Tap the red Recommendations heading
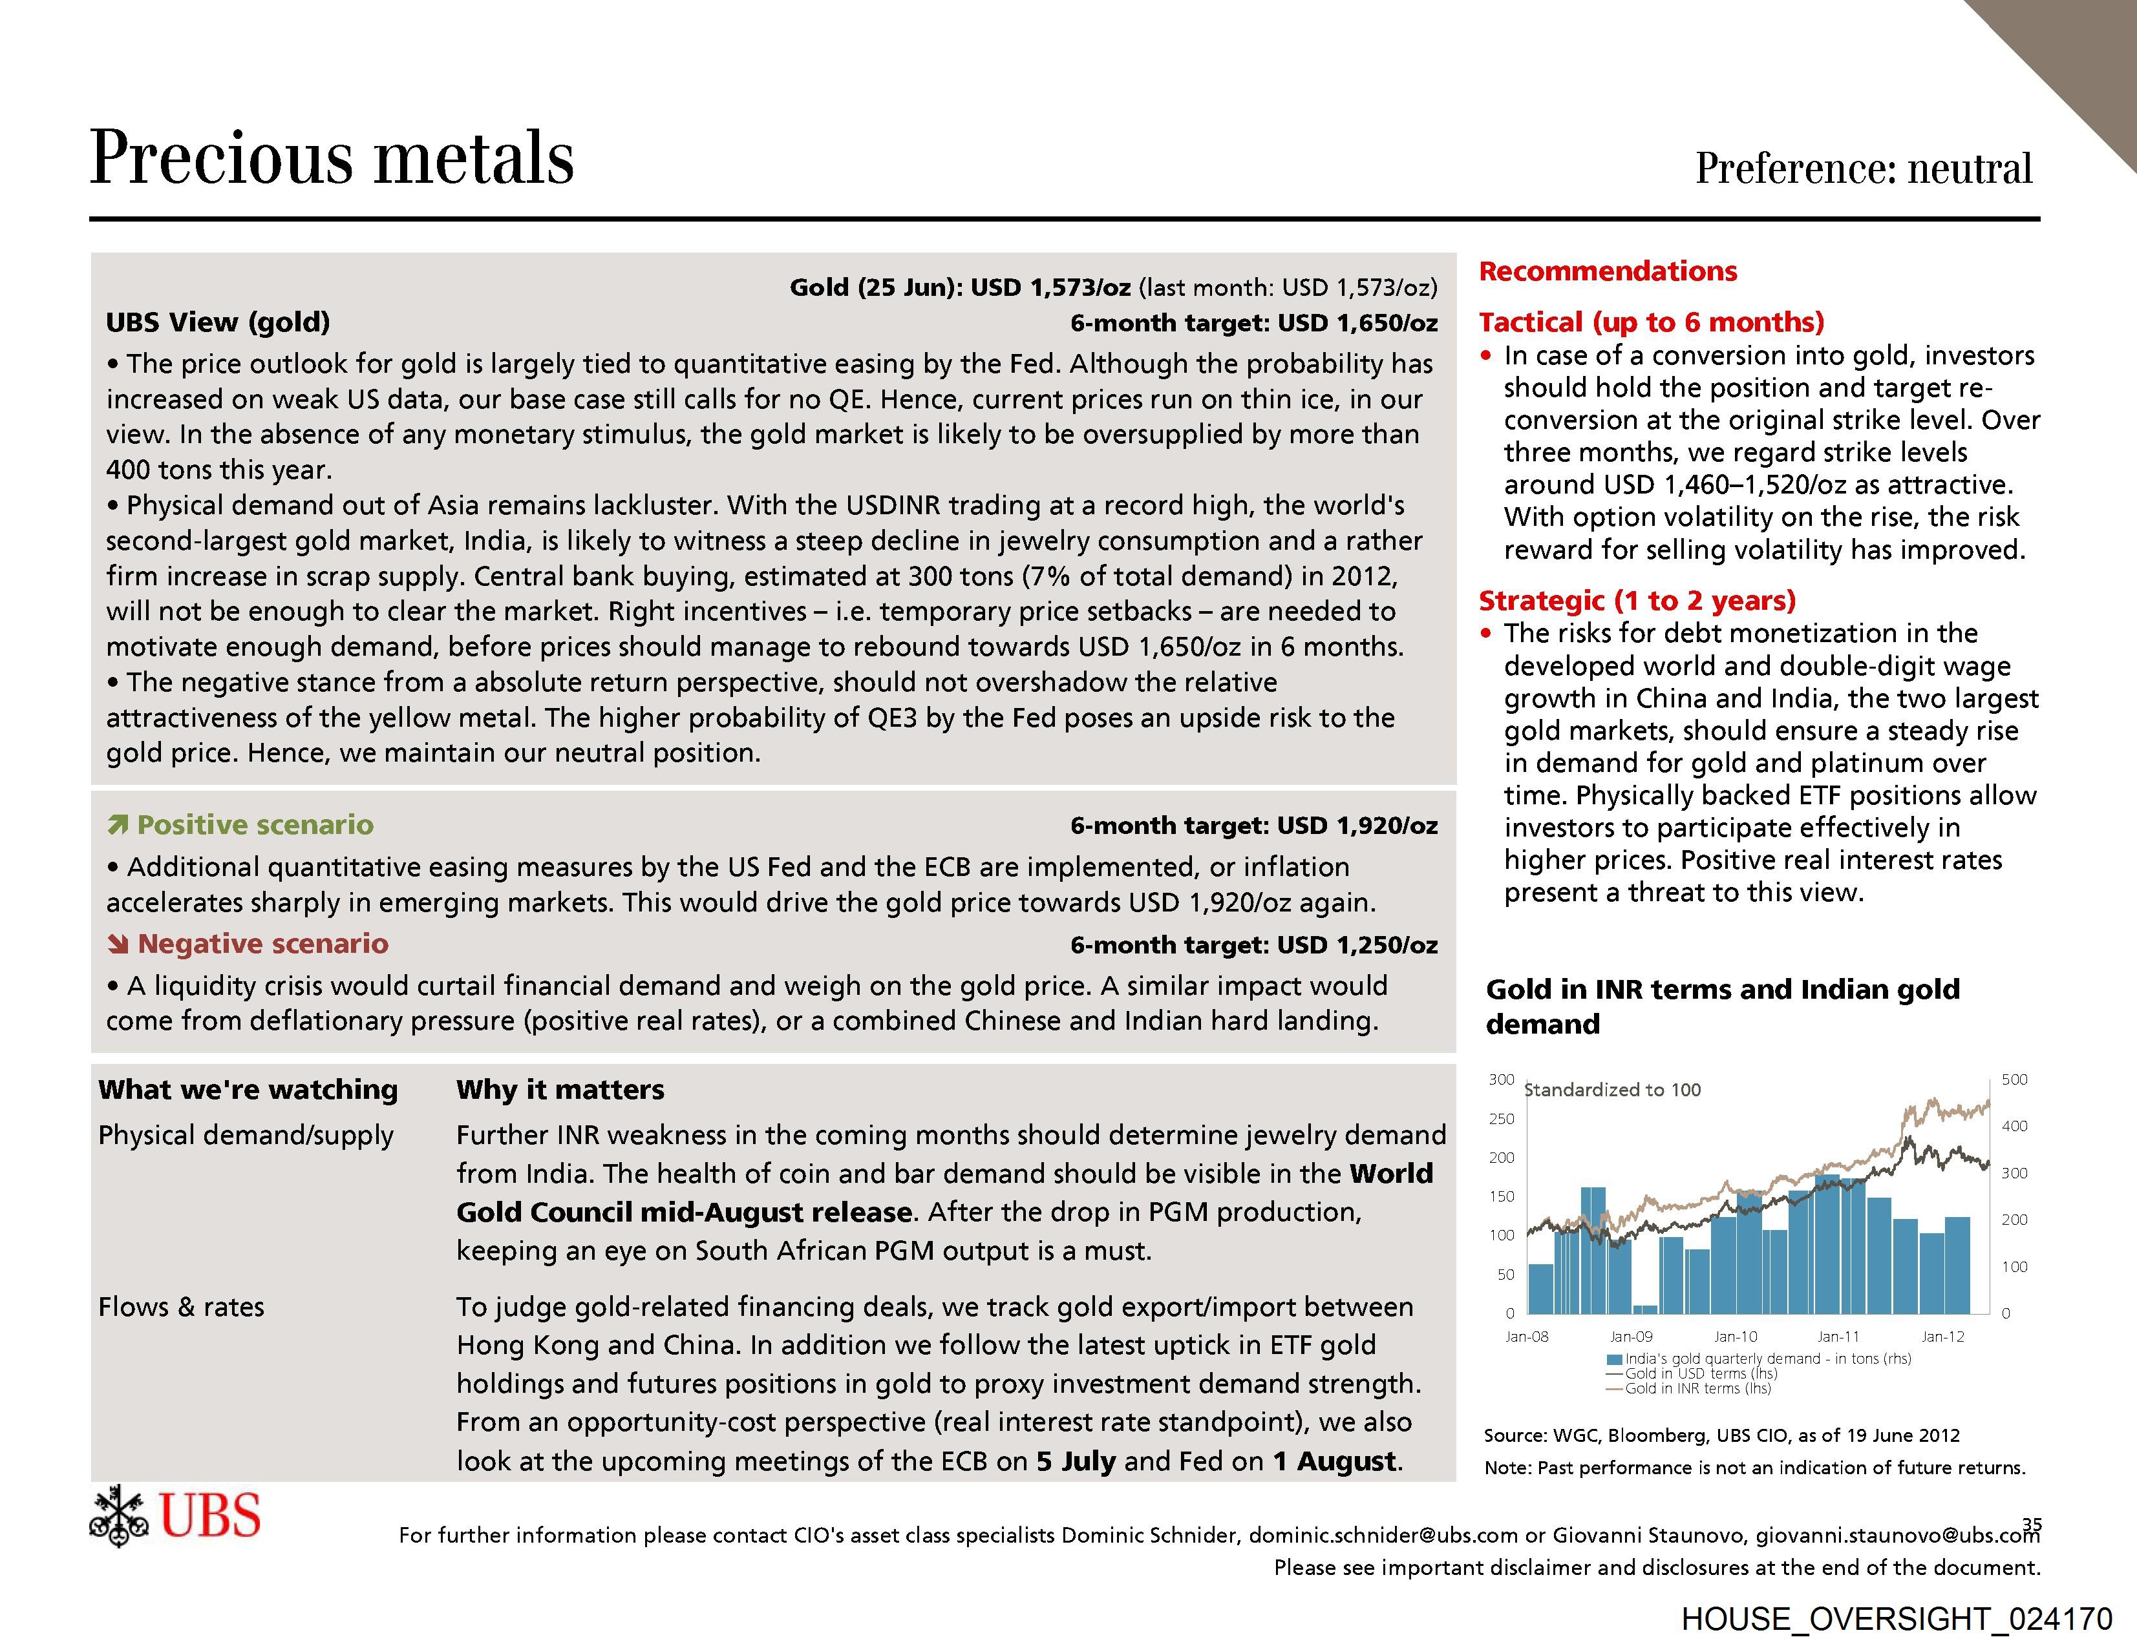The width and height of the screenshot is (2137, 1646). click(x=1608, y=271)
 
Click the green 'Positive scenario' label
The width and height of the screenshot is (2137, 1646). click(x=255, y=824)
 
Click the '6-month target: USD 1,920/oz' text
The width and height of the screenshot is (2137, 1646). click(x=1253, y=826)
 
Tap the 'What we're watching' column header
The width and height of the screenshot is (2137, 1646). click(x=248, y=1090)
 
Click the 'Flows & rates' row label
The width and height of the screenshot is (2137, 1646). click(x=181, y=1307)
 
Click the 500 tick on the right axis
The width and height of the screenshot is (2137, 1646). click(x=2014, y=1079)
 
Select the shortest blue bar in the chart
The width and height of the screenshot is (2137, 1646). click(x=1645, y=1309)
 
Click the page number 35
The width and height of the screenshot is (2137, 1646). click(x=2032, y=1524)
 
